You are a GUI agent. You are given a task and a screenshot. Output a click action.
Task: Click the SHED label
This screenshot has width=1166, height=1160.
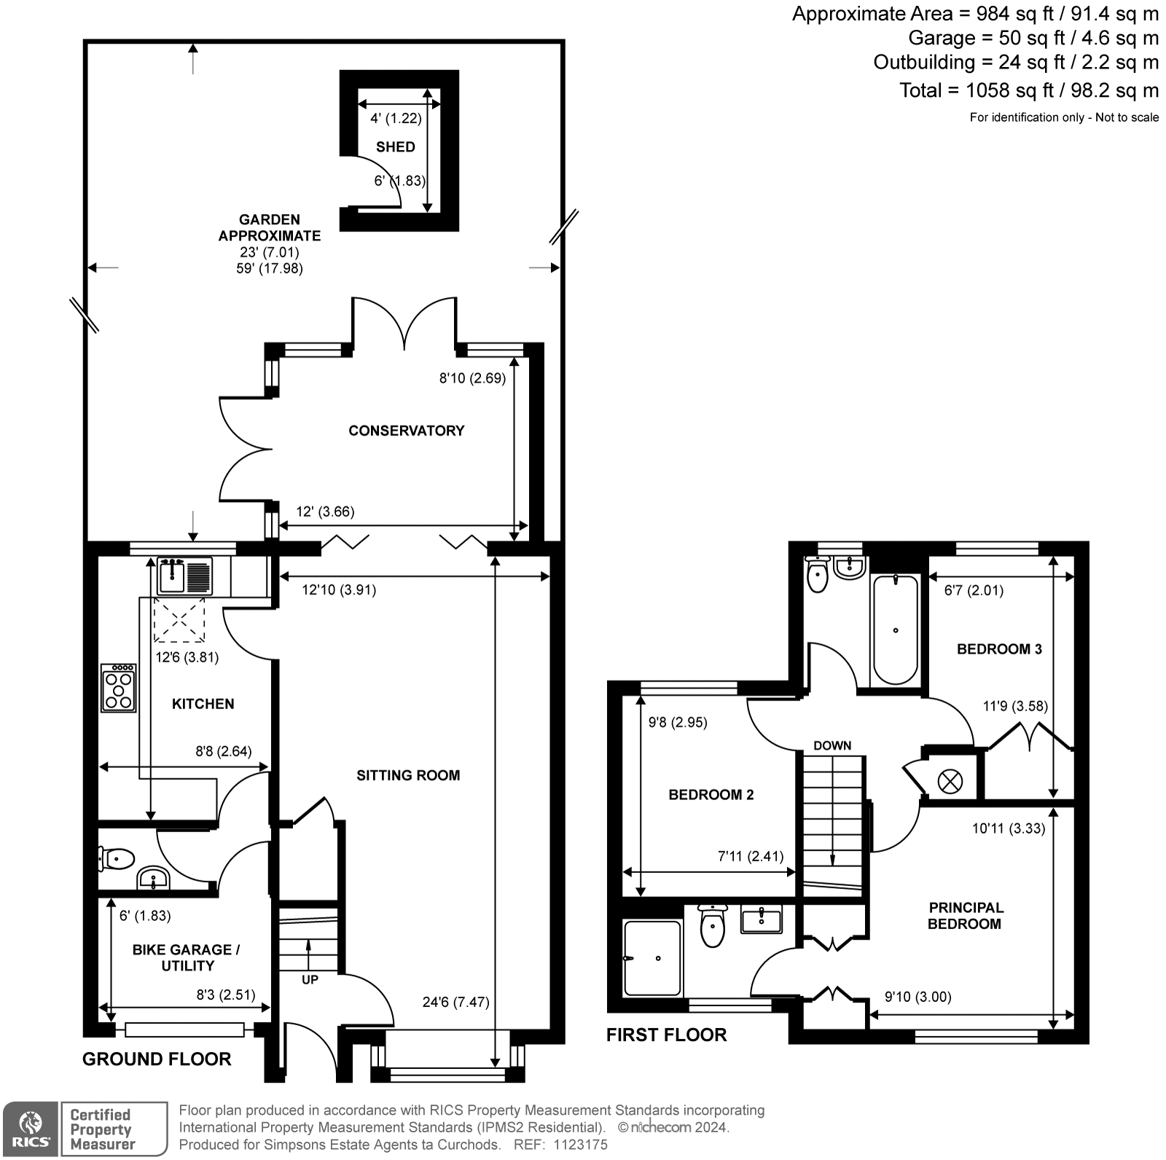coord(395,147)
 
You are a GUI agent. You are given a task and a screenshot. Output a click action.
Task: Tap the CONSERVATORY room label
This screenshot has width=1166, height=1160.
coord(406,431)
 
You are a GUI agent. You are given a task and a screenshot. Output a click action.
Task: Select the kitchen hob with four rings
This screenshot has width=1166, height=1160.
coord(119,687)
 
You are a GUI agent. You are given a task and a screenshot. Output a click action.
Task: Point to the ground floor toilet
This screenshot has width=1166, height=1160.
coord(117,858)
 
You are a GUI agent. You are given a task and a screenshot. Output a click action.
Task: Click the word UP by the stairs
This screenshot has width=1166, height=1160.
coord(310,980)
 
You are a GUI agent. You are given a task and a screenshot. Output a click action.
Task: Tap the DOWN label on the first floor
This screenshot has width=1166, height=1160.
coord(832,745)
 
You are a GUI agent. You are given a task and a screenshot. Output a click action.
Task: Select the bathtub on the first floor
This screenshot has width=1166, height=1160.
coord(895,629)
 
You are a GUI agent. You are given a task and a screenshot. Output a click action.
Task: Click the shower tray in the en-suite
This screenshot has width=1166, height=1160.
coord(653,958)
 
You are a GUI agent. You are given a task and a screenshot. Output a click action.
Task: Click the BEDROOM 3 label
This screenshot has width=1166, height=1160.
coord(999,649)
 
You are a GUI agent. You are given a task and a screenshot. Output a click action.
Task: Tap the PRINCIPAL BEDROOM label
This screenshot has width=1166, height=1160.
coord(966,916)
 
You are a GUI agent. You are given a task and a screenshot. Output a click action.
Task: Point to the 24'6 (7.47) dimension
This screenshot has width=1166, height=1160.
coord(455,1002)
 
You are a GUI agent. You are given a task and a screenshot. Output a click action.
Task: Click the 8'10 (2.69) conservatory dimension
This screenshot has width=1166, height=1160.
coord(472,378)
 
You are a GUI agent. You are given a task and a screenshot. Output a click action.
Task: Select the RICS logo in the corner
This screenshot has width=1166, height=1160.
coord(30,1129)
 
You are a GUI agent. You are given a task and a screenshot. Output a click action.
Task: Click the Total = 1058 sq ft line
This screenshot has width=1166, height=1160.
coord(1028,90)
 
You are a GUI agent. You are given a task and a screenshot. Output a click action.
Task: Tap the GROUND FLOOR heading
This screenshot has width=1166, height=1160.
coord(157,1059)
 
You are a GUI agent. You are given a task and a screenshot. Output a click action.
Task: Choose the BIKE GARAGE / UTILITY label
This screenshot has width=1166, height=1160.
coord(187,957)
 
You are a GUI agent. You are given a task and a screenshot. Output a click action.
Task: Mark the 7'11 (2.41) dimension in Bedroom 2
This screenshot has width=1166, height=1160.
coord(750,856)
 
